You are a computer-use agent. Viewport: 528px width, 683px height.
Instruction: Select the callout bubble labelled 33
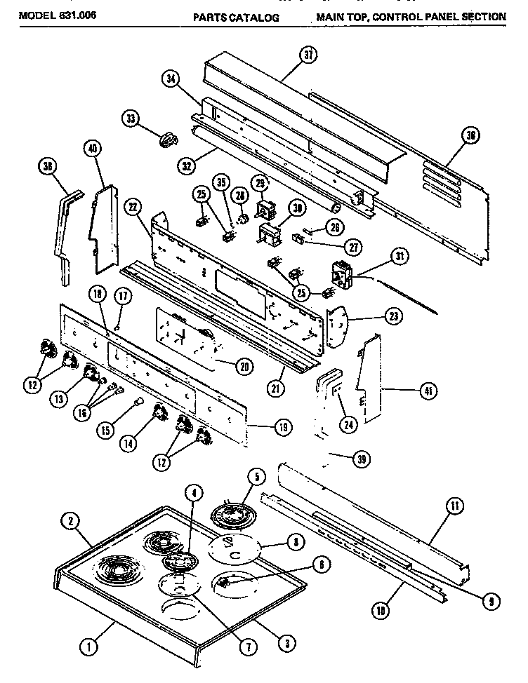(130, 119)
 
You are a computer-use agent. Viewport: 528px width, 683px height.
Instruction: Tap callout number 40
(91, 149)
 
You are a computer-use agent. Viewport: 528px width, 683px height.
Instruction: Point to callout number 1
(89, 649)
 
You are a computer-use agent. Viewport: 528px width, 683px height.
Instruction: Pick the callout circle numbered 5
(256, 478)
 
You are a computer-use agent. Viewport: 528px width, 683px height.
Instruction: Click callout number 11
(455, 505)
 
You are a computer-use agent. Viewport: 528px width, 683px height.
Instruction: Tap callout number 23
(395, 316)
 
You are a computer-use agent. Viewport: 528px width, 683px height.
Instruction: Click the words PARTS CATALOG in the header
(235, 16)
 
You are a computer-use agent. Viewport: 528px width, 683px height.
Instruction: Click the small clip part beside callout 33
(167, 140)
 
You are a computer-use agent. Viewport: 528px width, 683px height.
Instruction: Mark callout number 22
(133, 207)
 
